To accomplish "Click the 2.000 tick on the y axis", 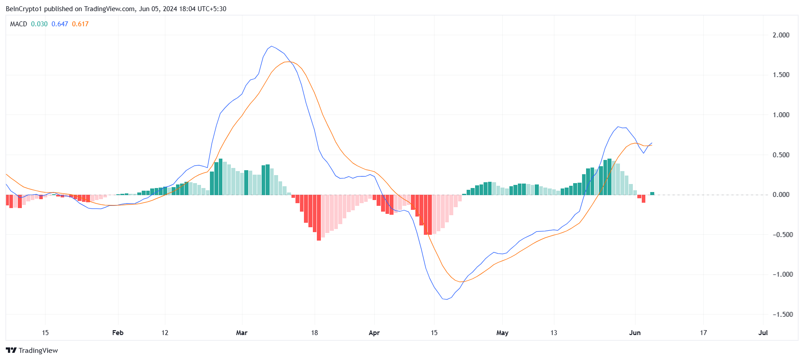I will [781, 35].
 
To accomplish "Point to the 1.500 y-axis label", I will [781, 75].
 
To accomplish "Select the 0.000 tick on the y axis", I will [781, 195].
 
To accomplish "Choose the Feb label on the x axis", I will [118, 333].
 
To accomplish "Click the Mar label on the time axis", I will [242, 333].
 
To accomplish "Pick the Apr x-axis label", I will [374, 333].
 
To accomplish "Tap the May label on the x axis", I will [502, 333].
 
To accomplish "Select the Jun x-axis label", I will [635, 333].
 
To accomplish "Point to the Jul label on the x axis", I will [763, 333].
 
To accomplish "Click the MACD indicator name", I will [19, 24].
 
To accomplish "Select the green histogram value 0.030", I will [39, 24].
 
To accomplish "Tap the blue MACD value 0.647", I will [60, 24].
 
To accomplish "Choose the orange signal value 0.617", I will [80, 24].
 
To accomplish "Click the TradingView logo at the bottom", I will [32, 351].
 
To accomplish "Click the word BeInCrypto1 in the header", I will [23, 9].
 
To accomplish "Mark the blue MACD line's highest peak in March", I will [271, 46].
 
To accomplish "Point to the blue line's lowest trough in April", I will [446, 299].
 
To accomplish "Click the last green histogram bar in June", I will [652, 193].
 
